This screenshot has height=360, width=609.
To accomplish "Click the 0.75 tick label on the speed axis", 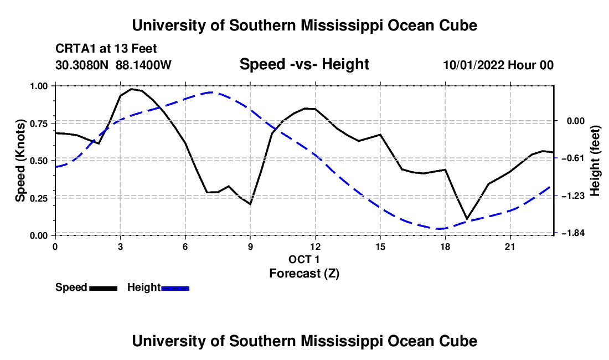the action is (x=39, y=124).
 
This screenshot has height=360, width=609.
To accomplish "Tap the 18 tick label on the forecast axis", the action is (x=445, y=247).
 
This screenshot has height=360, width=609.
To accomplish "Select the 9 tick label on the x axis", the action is (x=250, y=247).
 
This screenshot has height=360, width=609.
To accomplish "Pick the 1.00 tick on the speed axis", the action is (x=39, y=86).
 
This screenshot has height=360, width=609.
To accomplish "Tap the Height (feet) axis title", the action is (x=595, y=161).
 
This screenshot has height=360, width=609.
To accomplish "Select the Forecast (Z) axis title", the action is (x=304, y=274).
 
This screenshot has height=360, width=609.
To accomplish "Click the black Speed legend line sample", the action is (x=104, y=289).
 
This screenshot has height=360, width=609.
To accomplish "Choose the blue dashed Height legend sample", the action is (x=175, y=289).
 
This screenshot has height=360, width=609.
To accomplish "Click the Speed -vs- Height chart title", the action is (x=304, y=64).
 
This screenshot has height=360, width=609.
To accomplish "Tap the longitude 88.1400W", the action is (x=143, y=65).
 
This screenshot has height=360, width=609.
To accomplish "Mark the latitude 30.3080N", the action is (x=82, y=65).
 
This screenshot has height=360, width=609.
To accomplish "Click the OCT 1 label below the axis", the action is (x=304, y=259).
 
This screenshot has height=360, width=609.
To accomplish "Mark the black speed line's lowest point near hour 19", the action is (x=467, y=219).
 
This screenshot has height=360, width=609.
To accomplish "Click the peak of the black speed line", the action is (x=131, y=89).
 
